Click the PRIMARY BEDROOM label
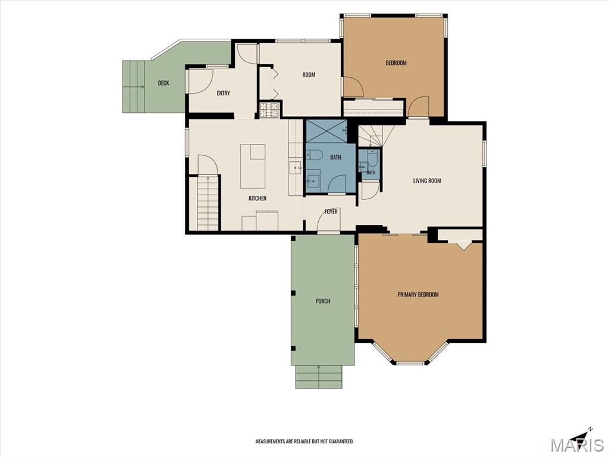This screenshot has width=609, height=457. [x=418, y=295]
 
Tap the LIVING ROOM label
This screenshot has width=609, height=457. [x=427, y=181]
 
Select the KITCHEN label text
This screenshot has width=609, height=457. [x=258, y=198]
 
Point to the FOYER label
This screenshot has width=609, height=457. [x=331, y=211]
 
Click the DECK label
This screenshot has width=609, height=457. [x=164, y=83]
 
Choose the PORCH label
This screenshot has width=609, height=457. [x=323, y=301]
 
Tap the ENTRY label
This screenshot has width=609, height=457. [x=224, y=93]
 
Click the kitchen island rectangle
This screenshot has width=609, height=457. [x=253, y=167]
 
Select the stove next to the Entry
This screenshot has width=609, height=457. [x=269, y=109]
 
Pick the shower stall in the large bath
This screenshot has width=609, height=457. [x=327, y=132]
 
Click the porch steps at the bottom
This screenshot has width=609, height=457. [x=319, y=377]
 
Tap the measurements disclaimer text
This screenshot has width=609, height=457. [x=304, y=442]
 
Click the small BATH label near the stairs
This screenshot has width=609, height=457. [x=371, y=173]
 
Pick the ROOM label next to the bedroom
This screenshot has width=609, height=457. [x=309, y=74]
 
